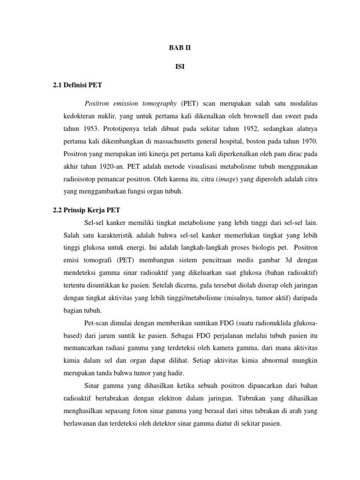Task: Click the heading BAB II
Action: pos(180,47)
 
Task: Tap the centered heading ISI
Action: pos(180,67)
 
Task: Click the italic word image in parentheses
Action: pos(227,179)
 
